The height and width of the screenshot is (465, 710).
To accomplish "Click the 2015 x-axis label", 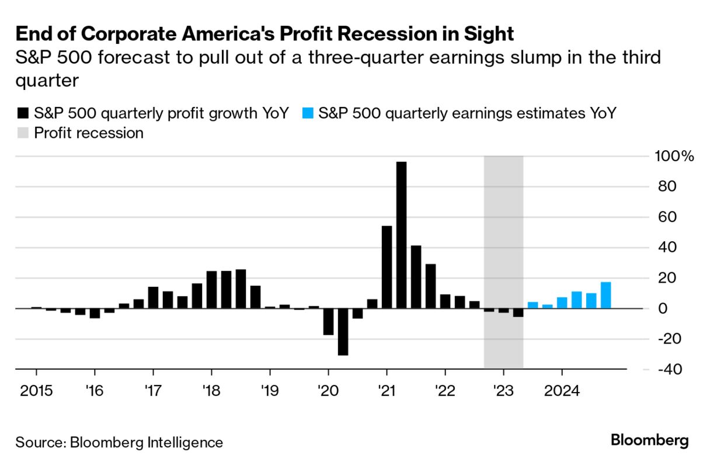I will coord(36,389).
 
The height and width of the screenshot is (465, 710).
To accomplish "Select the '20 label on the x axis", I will coord(328,389).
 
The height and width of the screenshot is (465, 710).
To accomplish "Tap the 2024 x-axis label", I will coord(562,389).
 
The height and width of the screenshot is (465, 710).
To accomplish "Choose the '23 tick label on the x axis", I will coord(503,389).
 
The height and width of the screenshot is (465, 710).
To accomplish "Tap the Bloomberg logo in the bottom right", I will coord(650,440).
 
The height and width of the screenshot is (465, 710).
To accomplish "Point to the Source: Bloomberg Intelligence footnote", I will coord(119,442).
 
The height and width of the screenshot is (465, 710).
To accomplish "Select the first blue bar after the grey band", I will coord(532,305).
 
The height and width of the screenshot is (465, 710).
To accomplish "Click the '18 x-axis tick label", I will coord(211,389).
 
